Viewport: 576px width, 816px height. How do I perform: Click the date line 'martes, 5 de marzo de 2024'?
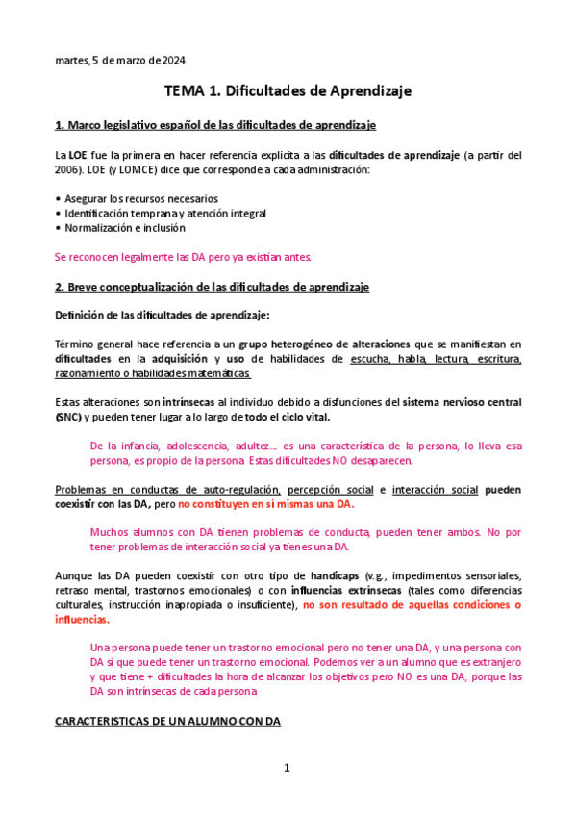pos(120,61)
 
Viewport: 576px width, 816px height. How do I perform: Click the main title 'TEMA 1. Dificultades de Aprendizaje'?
pos(288,91)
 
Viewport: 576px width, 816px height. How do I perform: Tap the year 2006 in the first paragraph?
pos(71,169)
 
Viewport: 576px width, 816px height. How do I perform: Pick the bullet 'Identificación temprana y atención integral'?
pos(164,213)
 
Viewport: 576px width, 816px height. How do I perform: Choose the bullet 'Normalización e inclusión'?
pos(124,228)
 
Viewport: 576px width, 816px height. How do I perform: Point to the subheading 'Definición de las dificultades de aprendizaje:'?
pos(162,315)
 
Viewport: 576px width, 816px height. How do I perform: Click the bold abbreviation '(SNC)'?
pos(69,417)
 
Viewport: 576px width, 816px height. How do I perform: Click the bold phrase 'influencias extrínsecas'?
pos(362,590)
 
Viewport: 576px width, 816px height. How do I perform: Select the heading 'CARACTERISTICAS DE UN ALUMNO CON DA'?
pos(167,721)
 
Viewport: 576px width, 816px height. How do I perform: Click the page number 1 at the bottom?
pos(287,768)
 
